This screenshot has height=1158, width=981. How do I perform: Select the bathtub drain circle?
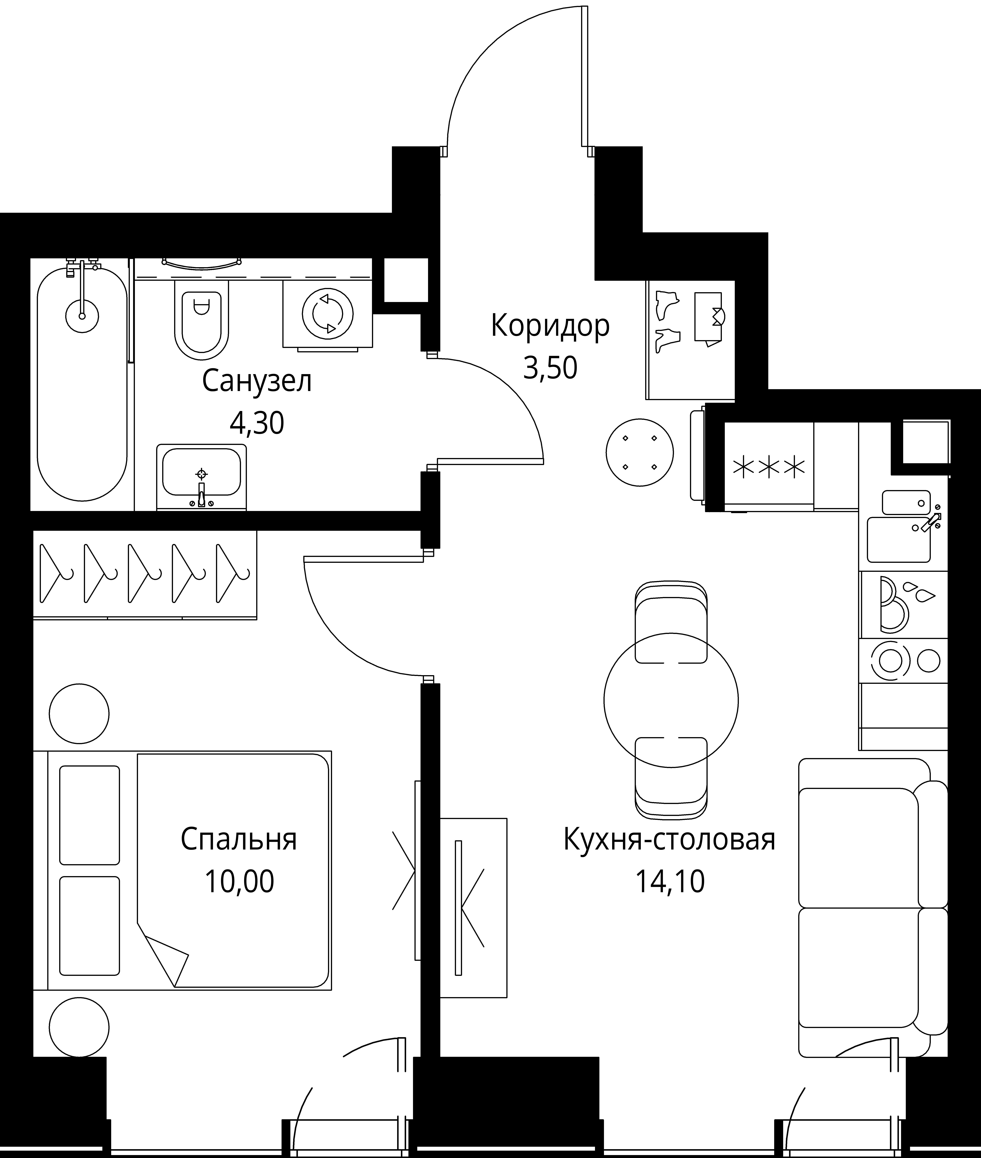click(82, 316)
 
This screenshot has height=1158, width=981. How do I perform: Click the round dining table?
click(671, 701)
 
